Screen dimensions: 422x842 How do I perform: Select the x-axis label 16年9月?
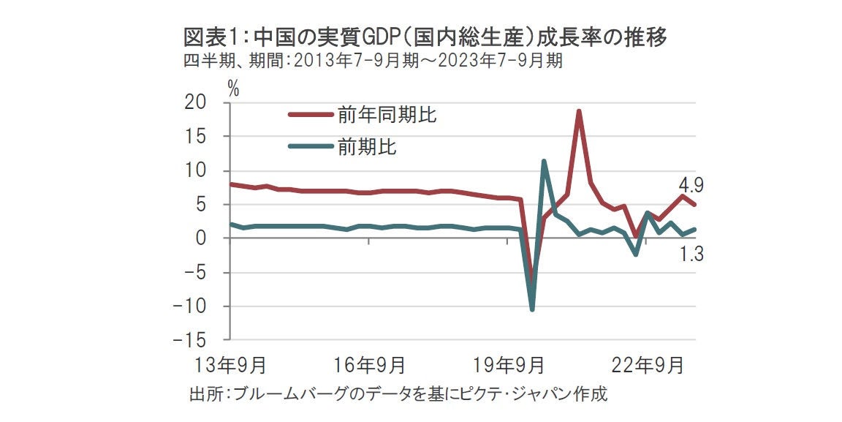[x=368, y=364]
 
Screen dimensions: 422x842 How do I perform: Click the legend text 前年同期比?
[x=387, y=114]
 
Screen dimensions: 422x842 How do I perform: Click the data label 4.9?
[x=690, y=184]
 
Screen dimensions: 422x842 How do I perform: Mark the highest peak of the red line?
[x=578, y=111]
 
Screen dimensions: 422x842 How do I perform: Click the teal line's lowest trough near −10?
[x=532, y=309]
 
